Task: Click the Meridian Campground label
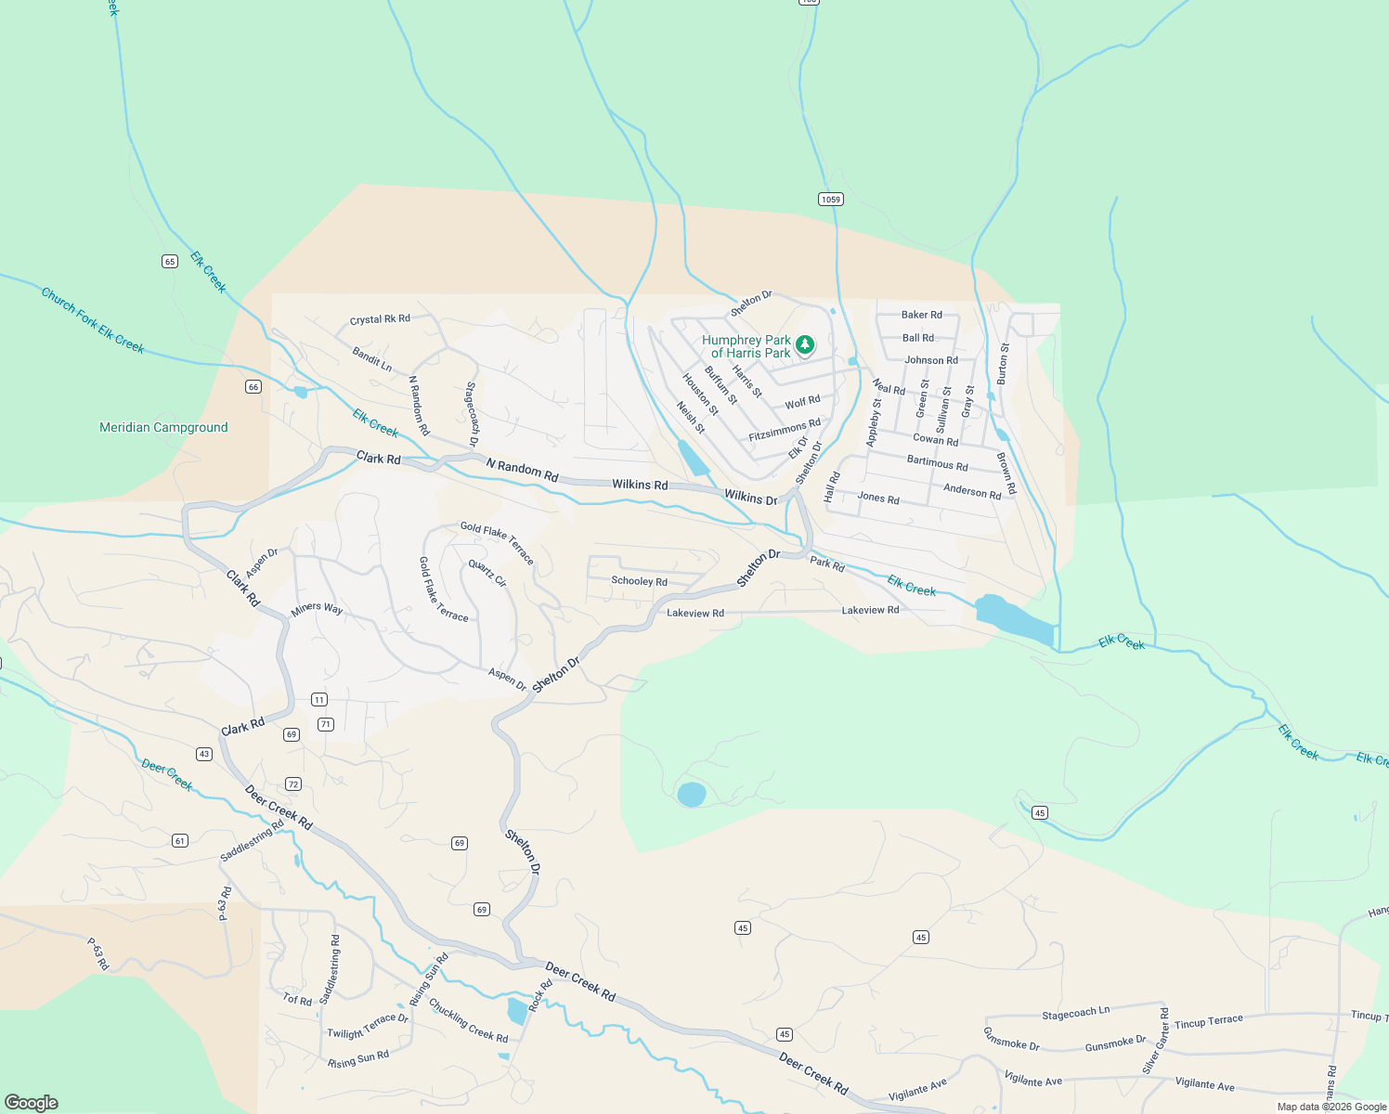[163, 427]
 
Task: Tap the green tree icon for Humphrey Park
[805, 345]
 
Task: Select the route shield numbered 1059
[830, 200]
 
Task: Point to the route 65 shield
[169, 261]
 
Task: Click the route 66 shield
[253, 386]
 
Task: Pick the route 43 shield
[204, 754]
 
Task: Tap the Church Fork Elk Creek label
[93, 320]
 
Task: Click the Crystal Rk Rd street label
[380, 319]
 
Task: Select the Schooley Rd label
[639, 581]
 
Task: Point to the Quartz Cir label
[487, 573]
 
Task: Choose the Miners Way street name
[317, 609]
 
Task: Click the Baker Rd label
[921, 315]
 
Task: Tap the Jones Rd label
[877, 499]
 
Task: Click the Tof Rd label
[297, 1000]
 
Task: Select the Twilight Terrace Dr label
[367, 1026]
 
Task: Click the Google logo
[32, 1102]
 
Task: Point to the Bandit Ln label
[371, 358]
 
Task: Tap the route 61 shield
[180, 840]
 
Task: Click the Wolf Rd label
[802, 402]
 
